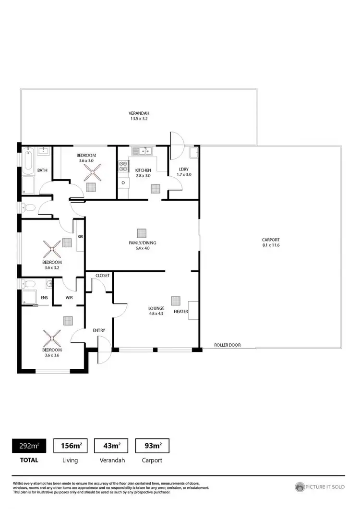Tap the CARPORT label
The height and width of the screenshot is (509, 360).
click(270, 240)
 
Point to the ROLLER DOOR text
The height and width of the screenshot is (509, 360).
click(227, 345)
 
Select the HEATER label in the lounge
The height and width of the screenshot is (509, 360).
click(180, 311)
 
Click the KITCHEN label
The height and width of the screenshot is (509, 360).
click(143, 170)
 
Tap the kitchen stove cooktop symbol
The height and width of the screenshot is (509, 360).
click(123, 166)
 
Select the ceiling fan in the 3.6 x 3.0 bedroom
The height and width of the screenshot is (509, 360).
click(91, 171)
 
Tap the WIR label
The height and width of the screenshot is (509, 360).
click(69, 298)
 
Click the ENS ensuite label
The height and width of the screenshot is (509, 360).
click(44, 298)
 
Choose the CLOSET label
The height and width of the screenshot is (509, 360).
click(103, 276)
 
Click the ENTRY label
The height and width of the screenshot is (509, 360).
click(99, 330)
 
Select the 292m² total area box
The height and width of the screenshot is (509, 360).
click(29, 446)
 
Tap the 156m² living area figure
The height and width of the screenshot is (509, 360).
click(70, 446)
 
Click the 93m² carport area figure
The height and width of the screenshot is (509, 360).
click(152, 446)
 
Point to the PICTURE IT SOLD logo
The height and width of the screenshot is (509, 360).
click(320, 486)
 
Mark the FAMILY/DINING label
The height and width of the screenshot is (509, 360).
click(143, 243)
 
